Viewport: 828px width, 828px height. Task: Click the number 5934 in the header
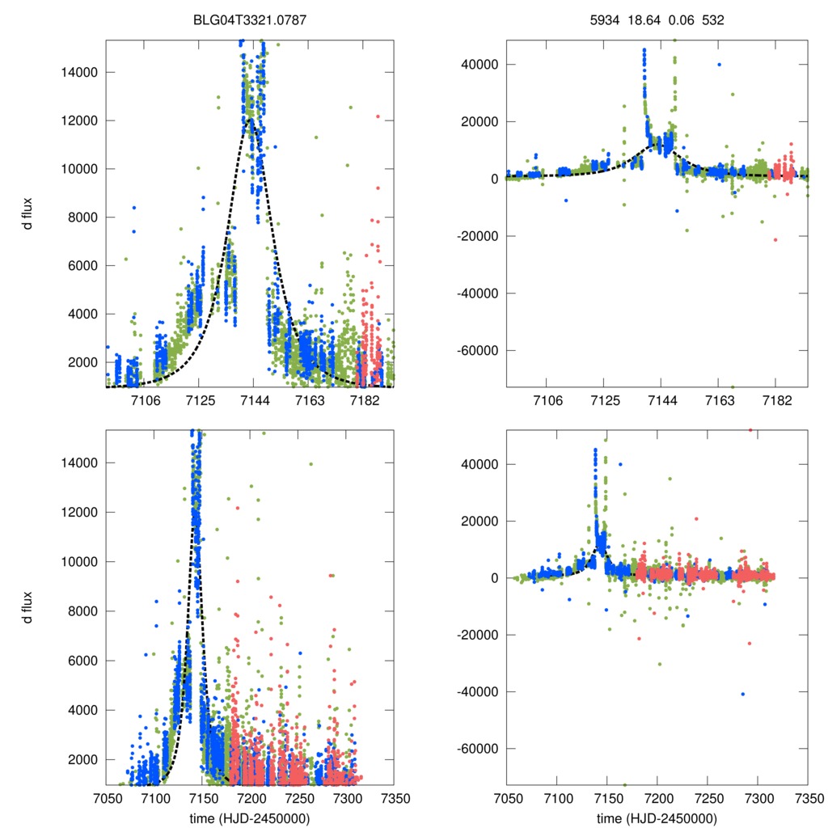[606, 20]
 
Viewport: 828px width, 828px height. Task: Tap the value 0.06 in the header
[680, 20]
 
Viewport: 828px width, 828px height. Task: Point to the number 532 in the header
[712, 20]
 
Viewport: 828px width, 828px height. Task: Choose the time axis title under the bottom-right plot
[657, 818]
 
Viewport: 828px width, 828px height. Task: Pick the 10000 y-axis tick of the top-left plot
[82, 169]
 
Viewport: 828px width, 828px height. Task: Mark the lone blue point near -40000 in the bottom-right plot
[742, 694]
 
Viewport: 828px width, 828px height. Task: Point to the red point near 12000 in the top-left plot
[378, 116]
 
